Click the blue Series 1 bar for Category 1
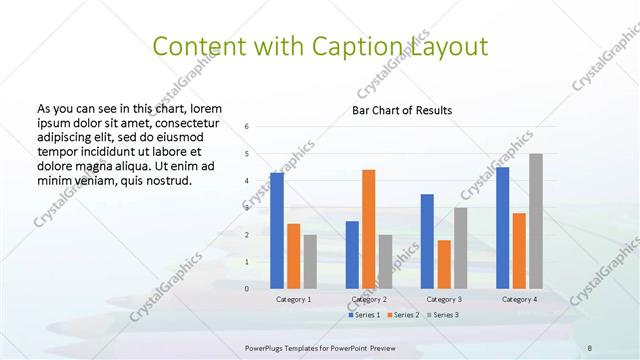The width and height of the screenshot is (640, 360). tap(277, 230)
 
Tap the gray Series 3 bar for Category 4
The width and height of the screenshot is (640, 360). tap(536, 221)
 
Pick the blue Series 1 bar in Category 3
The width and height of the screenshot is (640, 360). tap(427, 241)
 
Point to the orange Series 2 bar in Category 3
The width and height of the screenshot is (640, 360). tap(444, 264)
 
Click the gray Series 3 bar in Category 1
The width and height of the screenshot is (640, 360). tap(310, 261)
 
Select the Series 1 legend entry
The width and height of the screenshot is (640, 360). tap(363, 315)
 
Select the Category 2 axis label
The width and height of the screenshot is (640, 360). tap(369, 299)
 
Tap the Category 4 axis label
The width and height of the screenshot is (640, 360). tap(519, 299)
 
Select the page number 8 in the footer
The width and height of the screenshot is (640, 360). tap(590, 346)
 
